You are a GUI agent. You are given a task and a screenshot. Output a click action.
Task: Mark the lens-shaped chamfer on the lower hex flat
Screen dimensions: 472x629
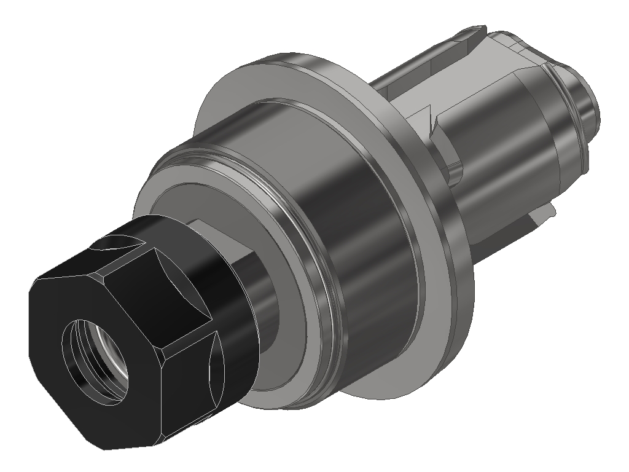214,363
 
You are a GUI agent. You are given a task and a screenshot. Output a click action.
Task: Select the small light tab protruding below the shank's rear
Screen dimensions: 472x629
544,212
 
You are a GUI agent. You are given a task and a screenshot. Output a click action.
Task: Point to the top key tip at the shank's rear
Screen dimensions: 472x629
476,29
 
